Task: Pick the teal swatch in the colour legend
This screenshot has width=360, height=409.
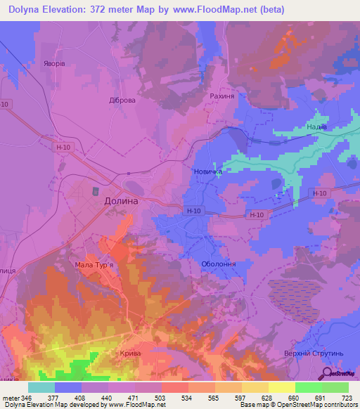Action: pyautogui.click(x=41, y=387)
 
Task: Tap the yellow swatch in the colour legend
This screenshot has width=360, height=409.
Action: pyautogui.click(x=281, y=387)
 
